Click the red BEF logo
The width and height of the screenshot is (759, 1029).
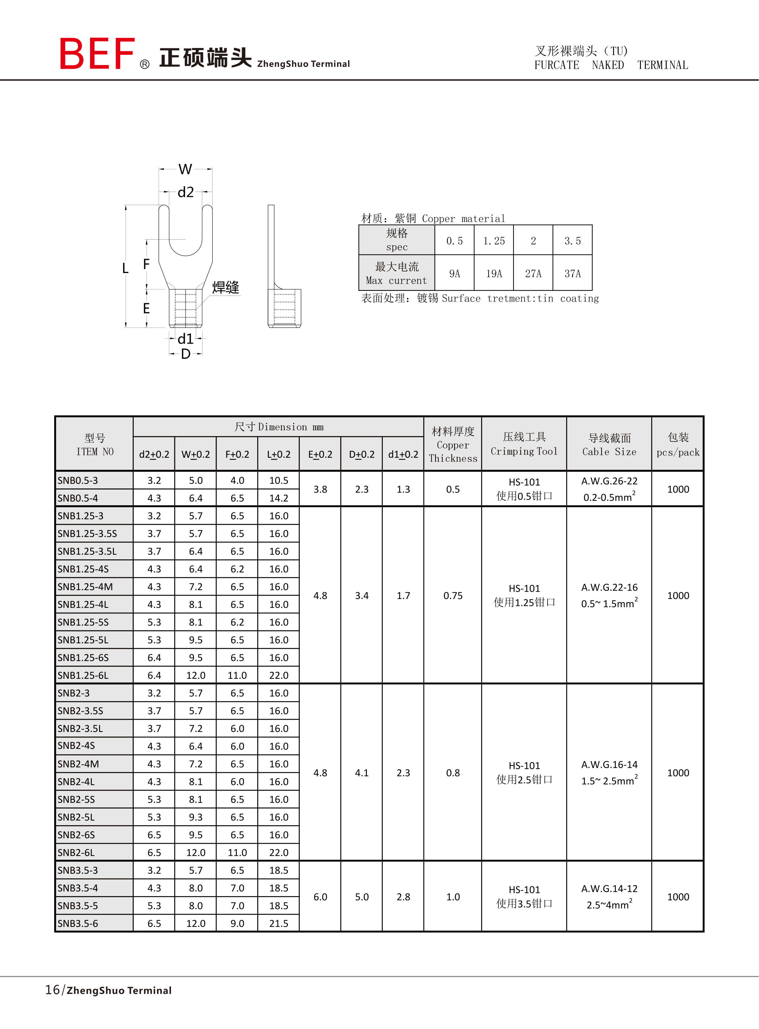[x=97, y=54]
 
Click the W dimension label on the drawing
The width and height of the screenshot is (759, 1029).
[x=185, y=169]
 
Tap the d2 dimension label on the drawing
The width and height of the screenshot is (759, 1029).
[x=186, y=192]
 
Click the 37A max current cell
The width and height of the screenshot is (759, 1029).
[x=572, y=274]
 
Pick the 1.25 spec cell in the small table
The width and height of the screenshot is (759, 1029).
[x=494, y=241]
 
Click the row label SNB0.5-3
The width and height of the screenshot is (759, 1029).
[x=78, y=480]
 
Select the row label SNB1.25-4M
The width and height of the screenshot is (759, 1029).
[x=85, y=586]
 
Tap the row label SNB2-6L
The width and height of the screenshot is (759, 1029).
[x=76, y=852]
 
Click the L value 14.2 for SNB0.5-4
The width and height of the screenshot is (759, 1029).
[x=278, y=498]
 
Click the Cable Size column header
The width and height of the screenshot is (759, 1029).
[x=609, y=445]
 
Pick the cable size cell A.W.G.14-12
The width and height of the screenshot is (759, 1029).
[x=609, y=889]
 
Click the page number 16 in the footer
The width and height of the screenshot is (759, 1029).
[x=52, y=990]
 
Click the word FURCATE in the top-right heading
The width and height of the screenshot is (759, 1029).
[x=556, y=65]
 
